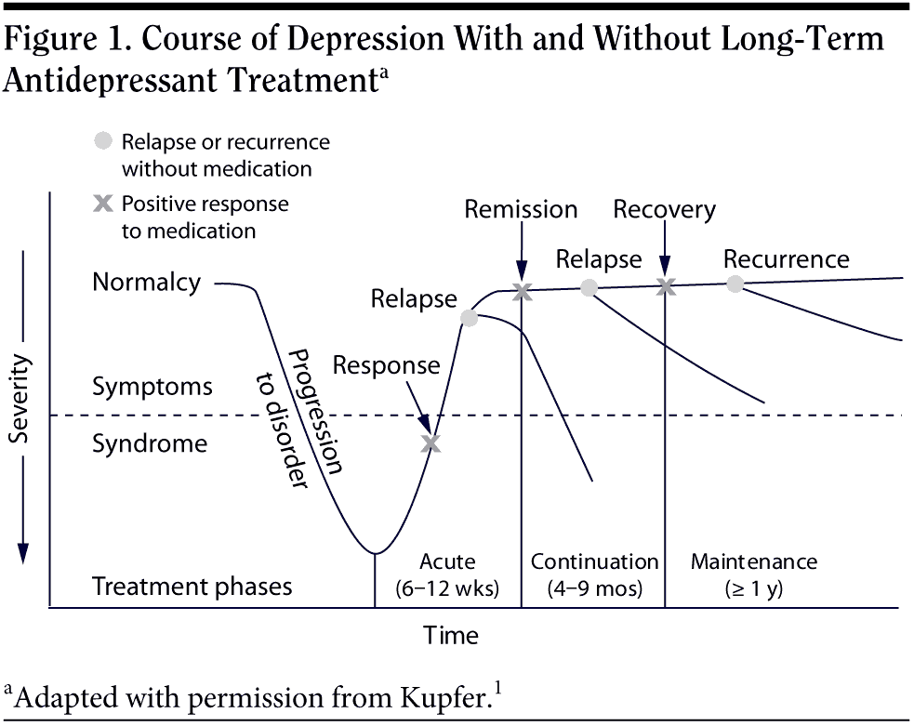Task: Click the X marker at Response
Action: pos(430,443)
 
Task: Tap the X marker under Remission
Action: pos(522,292)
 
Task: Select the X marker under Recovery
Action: pos(665,287)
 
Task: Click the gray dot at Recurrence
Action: pos(735,284)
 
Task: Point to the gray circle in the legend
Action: pos(104,142)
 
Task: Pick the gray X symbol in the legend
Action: pos(104,205)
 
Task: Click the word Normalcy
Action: pos(146,282)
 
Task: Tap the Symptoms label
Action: pos(152,386)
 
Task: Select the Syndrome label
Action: pos(150,443)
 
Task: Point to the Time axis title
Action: pos(451,636)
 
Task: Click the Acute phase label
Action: pos(447,561)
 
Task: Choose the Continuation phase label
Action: pos(594,561)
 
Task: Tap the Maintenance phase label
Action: pos(754,561)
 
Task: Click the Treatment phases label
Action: pos(192,587)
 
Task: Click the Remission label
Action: pos(521,209)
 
